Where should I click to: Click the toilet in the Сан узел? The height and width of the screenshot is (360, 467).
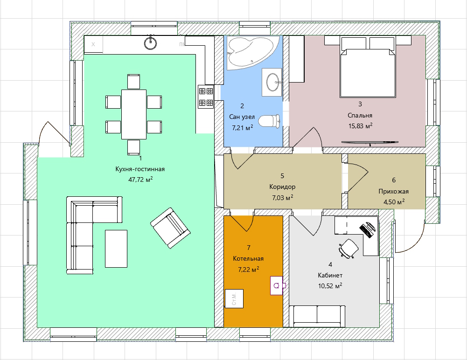pos(269,122)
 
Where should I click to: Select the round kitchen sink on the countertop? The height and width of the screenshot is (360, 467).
pos(150,42)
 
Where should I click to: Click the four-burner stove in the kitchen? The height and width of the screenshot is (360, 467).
pos(206,96)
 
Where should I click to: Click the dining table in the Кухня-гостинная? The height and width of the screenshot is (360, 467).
pos(134,114)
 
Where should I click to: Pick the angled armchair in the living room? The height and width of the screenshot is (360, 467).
pos(170,228)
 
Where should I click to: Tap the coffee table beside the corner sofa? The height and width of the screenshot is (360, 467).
pos(116,249)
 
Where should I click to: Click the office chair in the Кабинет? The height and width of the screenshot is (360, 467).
pos(349,248)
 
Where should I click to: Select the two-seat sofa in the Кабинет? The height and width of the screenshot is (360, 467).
pos(317,316)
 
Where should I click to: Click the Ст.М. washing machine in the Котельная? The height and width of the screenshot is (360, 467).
pos(234,298)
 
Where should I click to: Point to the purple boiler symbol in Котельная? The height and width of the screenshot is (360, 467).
pos(277,285)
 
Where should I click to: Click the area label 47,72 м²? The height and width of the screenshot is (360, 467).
pos(140,180)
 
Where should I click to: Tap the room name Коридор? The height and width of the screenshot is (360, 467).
pos(282,187)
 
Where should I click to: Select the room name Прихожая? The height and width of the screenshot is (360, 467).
pos(393,191)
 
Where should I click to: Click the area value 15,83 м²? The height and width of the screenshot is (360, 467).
pos(360,126)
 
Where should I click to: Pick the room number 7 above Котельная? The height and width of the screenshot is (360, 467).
pos(249,248)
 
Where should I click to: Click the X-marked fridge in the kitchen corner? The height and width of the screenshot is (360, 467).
pos(93,45)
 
